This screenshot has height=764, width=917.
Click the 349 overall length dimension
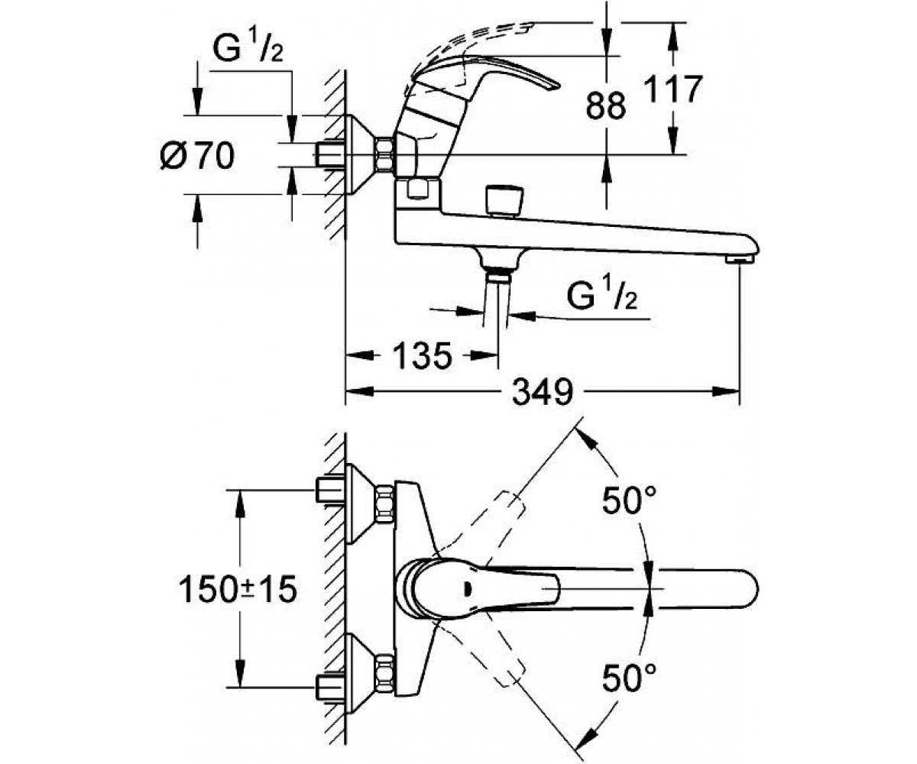click(543, 392)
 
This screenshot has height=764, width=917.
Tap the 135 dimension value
click(422, 355)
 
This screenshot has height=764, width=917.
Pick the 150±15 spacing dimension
click(238, 589)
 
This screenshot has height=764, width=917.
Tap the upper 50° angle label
click(629, 500)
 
